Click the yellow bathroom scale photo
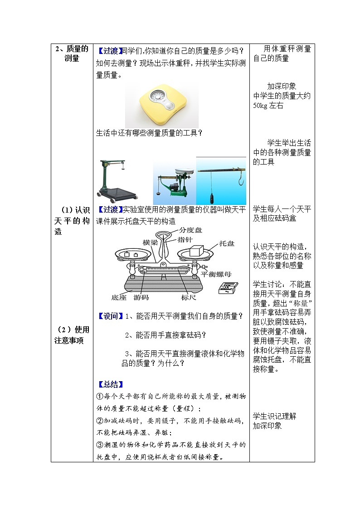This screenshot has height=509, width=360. [x=161, y=105]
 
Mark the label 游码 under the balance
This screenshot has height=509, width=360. [x=141, y=298]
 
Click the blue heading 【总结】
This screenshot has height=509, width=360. [x=110, y=384]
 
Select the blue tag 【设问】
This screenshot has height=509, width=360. [x=110, y=316]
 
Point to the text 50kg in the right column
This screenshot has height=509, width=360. [x=261, y=106]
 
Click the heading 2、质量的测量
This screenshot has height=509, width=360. [x=72, y=54]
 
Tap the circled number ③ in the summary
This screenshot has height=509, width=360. [x=101, y=445]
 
